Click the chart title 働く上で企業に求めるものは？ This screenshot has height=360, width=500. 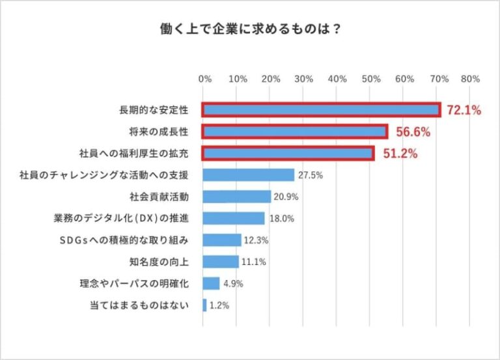[250, 29]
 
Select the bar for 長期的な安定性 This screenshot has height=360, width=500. [321, 110]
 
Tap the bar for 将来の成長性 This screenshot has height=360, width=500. [294, 132]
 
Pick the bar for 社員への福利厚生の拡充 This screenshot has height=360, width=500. [287, 154]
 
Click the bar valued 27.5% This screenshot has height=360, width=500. [248, 175]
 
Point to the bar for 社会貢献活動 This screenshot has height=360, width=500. [237, 197]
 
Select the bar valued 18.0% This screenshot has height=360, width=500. [233, 218]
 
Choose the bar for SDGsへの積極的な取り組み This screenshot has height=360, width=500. [222, 240]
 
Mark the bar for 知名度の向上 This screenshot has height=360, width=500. [221, 262]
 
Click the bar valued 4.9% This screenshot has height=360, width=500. [211, 283]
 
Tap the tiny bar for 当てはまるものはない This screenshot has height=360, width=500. [204, 305]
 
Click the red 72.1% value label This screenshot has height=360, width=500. [464, 111]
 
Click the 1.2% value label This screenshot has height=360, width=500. [219, 305]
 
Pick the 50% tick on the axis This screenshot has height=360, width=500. [370, 79]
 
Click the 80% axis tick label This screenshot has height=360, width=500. [470, 79]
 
